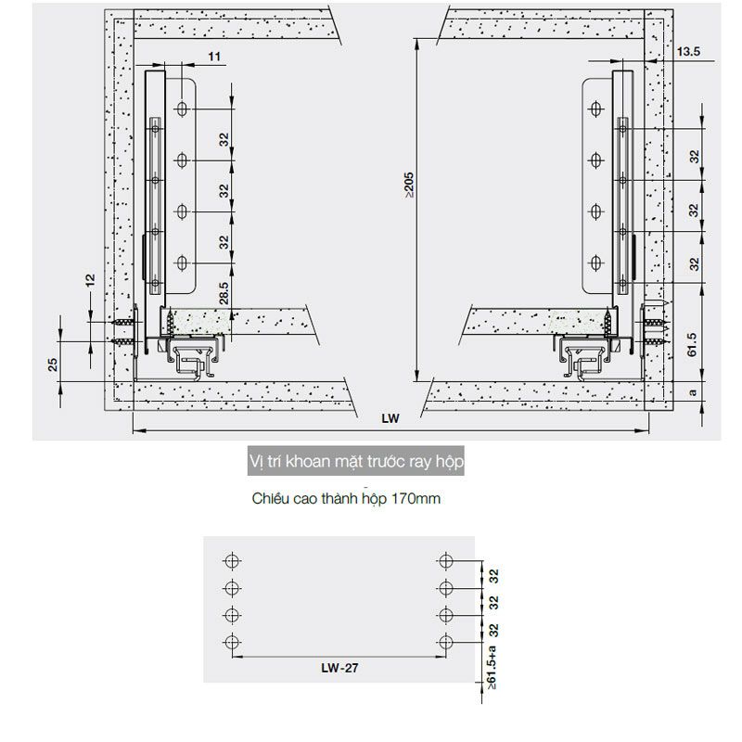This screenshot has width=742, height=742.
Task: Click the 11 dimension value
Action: pos(214,58)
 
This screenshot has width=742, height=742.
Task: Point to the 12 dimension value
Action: pos(90,279)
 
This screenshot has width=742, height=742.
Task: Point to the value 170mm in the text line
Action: pos(416,498)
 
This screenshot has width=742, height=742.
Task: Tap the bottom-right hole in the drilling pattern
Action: pos(446,642)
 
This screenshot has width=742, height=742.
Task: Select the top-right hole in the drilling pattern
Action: pos(446,560)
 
